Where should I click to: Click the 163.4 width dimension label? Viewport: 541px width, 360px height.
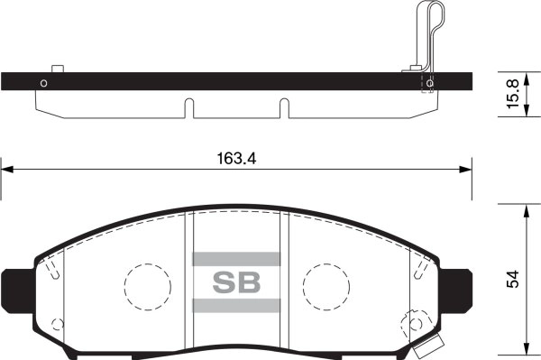pos(237,158)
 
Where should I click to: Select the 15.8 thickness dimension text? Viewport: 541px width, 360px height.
pos(511,94)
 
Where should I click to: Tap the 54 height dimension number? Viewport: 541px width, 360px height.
pos(512,280)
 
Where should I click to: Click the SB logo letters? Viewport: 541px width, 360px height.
pos(236,282)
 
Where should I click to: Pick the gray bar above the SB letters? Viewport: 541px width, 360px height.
pos(236,258)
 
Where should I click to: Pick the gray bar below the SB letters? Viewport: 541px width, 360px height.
pos(236,305)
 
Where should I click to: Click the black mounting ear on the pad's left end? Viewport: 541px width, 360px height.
pos(15,287)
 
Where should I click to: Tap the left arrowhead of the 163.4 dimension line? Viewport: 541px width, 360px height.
pos(7,167)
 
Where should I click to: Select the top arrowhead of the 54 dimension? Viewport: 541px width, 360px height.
pos(526,208)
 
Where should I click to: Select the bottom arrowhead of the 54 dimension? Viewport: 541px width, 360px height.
pos(526,352)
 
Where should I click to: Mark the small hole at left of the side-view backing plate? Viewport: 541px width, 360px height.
pos(42,84)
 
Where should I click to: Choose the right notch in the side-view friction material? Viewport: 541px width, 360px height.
pos(284,107)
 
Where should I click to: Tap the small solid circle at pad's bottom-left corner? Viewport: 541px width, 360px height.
pos(58,325)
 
